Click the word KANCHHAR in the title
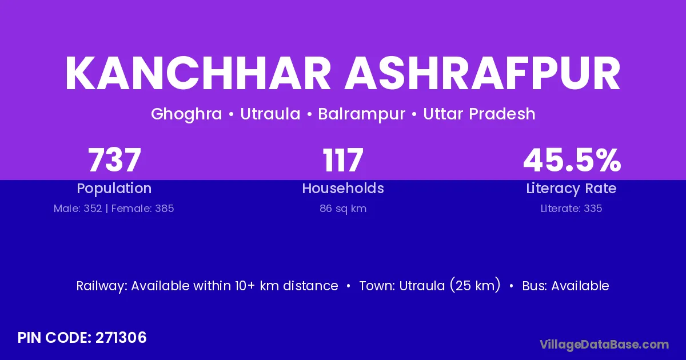198,73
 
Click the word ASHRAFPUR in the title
482,73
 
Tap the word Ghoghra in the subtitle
186,114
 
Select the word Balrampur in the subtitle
362,114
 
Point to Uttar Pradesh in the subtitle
479,114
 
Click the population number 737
114,160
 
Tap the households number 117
343,160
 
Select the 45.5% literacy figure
572,160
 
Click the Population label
114,189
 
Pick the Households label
343,188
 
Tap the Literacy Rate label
571,189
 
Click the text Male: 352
78,209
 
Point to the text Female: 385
143,209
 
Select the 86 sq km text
343,209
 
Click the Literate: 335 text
571,209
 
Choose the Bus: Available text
565,286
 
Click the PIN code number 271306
121,338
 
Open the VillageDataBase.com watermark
604,345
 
